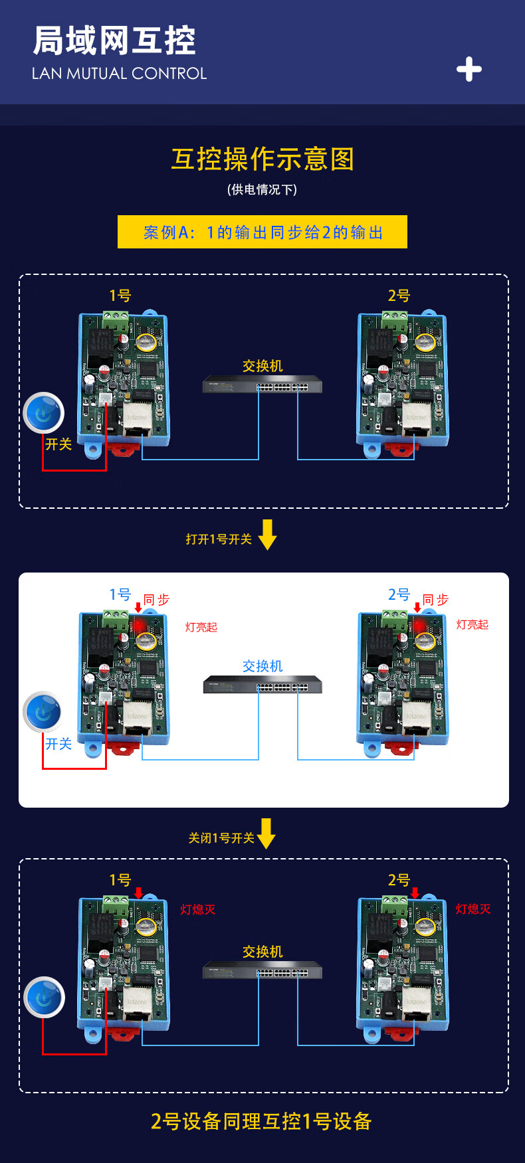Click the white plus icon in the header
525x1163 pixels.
point(469,69)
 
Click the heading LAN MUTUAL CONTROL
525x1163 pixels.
point(120,74)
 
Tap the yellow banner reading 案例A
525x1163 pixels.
point(262,232)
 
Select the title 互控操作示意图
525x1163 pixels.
point(262,159)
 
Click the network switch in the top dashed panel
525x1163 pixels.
point(262,385)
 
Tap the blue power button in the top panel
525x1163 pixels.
point(44,412)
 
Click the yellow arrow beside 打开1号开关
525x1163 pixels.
point(268,535)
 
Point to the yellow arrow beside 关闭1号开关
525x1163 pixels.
point(266,834)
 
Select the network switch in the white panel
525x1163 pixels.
point(262,685)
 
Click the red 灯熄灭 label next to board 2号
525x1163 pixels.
point(473,909)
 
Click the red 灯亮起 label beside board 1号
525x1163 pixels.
point(201,627)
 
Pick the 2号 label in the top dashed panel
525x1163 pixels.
point(399,296)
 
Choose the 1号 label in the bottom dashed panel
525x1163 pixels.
point(120,880)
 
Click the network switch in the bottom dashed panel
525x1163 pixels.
point(262,970)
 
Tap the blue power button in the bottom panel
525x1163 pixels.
point(44,997)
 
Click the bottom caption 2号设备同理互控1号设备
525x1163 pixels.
point(261,1121)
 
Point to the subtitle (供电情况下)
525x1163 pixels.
point(262,190)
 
